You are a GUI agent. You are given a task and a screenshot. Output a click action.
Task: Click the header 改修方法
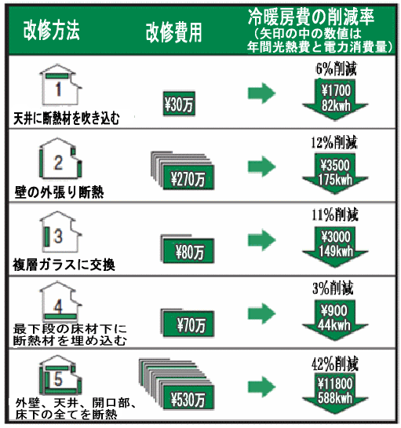coord(51,30)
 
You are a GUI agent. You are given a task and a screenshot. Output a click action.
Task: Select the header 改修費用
coord(173,33)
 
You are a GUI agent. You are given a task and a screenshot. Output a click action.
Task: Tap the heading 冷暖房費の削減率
coord(311,16)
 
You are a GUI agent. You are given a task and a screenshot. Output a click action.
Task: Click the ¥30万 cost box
coord(179,104)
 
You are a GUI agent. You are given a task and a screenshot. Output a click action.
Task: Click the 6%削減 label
coord(336,68)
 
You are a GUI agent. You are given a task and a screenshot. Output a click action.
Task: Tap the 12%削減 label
coord(334,142)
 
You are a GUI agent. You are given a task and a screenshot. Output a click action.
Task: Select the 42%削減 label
coord(335,364)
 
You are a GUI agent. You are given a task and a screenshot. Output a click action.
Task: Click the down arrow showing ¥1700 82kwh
coord(335,100)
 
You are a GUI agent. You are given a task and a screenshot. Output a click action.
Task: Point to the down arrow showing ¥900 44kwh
coord(335,320)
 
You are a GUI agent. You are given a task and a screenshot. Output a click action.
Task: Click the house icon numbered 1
coord(60,85)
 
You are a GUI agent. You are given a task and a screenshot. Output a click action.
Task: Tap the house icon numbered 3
coord(60,232)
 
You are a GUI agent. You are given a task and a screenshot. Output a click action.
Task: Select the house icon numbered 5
coord(60,375)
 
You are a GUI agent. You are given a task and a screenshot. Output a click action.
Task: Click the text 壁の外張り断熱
coord(59,192)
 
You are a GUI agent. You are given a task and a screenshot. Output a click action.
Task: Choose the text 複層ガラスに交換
coord(64,265)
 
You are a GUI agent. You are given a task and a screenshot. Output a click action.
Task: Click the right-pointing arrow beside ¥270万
coord(261,166)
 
